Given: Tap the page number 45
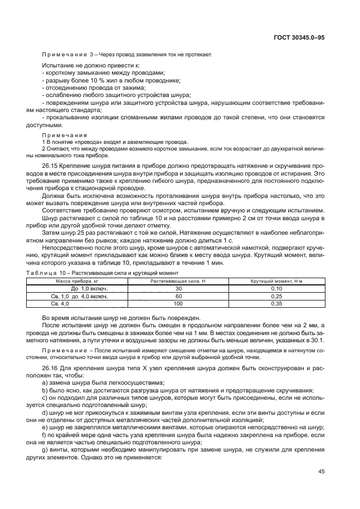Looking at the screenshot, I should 320,471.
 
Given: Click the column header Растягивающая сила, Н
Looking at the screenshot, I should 178,282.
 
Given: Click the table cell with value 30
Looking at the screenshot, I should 178,289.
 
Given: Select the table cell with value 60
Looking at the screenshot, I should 178,297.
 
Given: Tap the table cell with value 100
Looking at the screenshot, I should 178,304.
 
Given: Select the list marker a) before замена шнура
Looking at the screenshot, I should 45,383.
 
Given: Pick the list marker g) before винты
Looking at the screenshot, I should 45,448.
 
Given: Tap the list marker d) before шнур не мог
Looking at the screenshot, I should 45,412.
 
